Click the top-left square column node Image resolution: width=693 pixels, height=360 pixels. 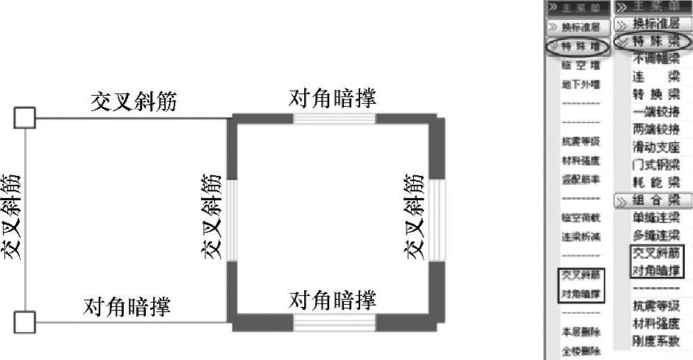tap(26, 117)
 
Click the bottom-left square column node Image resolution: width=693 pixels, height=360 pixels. tap(26, 322)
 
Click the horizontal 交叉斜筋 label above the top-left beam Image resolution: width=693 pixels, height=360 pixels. tap(133, 102)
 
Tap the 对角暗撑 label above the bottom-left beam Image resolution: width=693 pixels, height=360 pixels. tap(127, 305)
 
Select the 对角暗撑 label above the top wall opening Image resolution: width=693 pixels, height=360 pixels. tap(332, 98)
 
